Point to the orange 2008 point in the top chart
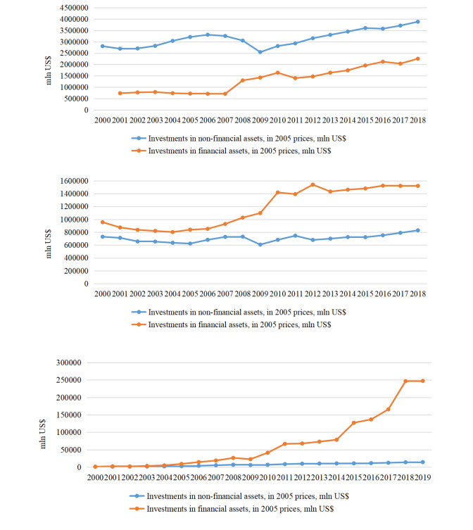(241, 80)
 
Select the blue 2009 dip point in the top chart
(259, 52)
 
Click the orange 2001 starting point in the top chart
(120, 93)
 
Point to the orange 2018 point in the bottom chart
(405, 381)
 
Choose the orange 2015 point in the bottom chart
(355, 422)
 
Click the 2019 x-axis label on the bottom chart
(422, 478)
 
